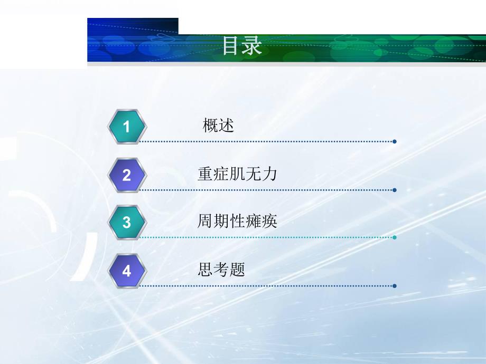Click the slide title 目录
(242, 46)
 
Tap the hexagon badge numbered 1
(126, 127)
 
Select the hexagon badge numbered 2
(126, 175)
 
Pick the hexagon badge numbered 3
(126, 223)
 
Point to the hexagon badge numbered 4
(126, 271)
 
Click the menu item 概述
(218, 126)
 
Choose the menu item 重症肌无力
(237, 174)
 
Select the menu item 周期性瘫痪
(237, 222)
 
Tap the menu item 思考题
(221, 270)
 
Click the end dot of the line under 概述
(395, 141)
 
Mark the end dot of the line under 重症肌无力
(395, 190)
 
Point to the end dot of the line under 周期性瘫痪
(395, 237)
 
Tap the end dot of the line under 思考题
(395, 286)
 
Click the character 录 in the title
(252, 46)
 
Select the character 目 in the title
(231, 46)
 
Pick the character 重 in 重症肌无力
(205, 174)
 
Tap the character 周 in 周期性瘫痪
(205, 222)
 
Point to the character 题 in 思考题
(238, 270)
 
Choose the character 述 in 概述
(226, 126)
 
